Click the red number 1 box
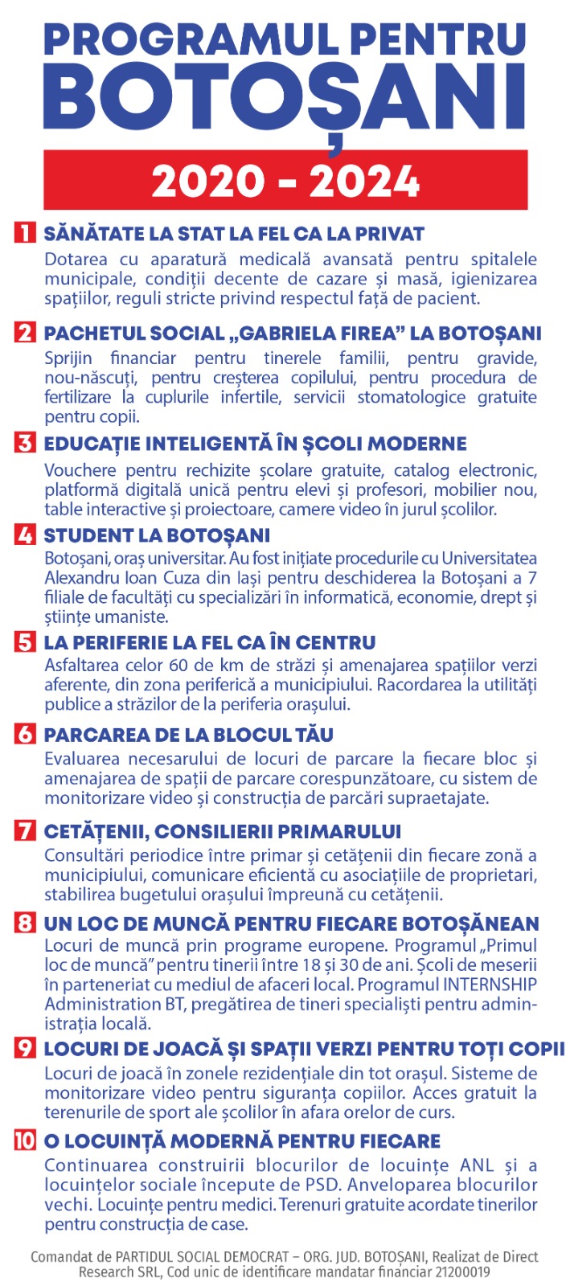[x=25, y=233]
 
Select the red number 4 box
[x=25, y=535]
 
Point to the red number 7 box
[x=25, y=831]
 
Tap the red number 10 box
[x=25, y=1141]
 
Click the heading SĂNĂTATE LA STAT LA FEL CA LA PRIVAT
[x=234, y=234]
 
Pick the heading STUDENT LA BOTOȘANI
[x=157, y=535]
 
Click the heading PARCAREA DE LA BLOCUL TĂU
[x=188, y=735]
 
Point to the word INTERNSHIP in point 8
[x=490, y=985]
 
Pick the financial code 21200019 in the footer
[x=460, y=1272]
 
